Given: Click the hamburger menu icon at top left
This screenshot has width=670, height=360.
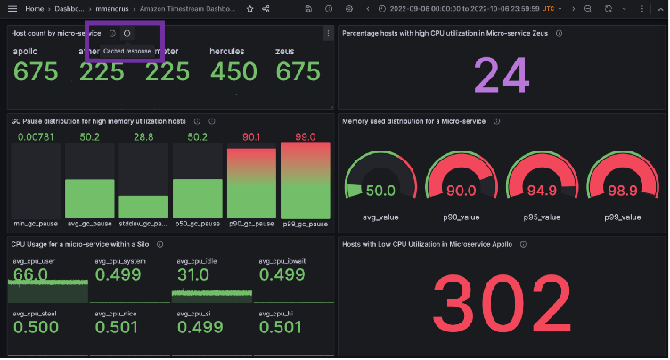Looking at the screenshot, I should (12, 8).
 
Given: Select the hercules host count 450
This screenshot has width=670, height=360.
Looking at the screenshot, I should (233, 71).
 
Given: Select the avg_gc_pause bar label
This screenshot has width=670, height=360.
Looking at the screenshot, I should (89, 225).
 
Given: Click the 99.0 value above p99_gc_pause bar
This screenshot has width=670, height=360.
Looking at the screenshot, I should (306, 136).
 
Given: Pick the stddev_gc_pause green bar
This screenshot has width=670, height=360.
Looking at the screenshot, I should (143, 207).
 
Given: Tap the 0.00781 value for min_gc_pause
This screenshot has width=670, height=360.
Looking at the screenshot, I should (35, 136).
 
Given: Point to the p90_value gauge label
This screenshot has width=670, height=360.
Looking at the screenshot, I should (460, 217).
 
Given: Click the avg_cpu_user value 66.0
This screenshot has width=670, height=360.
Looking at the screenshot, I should (29, 275).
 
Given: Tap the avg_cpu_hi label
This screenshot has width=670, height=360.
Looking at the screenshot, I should (274, 313).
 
